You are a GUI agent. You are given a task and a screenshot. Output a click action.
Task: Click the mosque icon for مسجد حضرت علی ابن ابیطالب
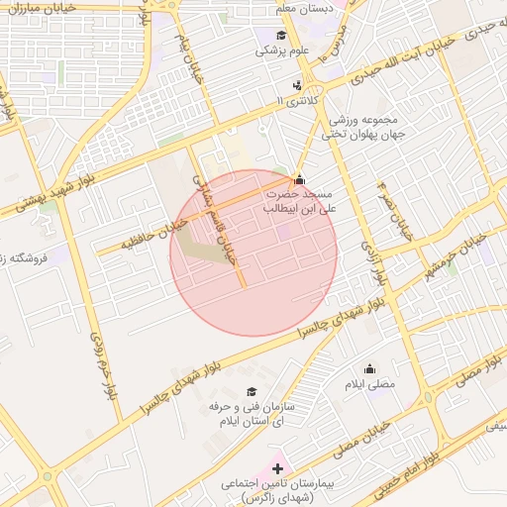coord(299,180)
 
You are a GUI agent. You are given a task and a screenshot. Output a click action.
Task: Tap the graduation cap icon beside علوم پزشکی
coord(267,36)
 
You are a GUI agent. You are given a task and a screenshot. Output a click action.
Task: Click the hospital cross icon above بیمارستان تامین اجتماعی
coord(276,466)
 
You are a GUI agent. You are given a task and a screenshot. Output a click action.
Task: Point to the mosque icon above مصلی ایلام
coord(370,368)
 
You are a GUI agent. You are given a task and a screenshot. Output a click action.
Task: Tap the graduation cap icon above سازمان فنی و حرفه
coord(252,392)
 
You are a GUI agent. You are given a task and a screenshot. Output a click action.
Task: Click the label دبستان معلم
coord(301,8)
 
